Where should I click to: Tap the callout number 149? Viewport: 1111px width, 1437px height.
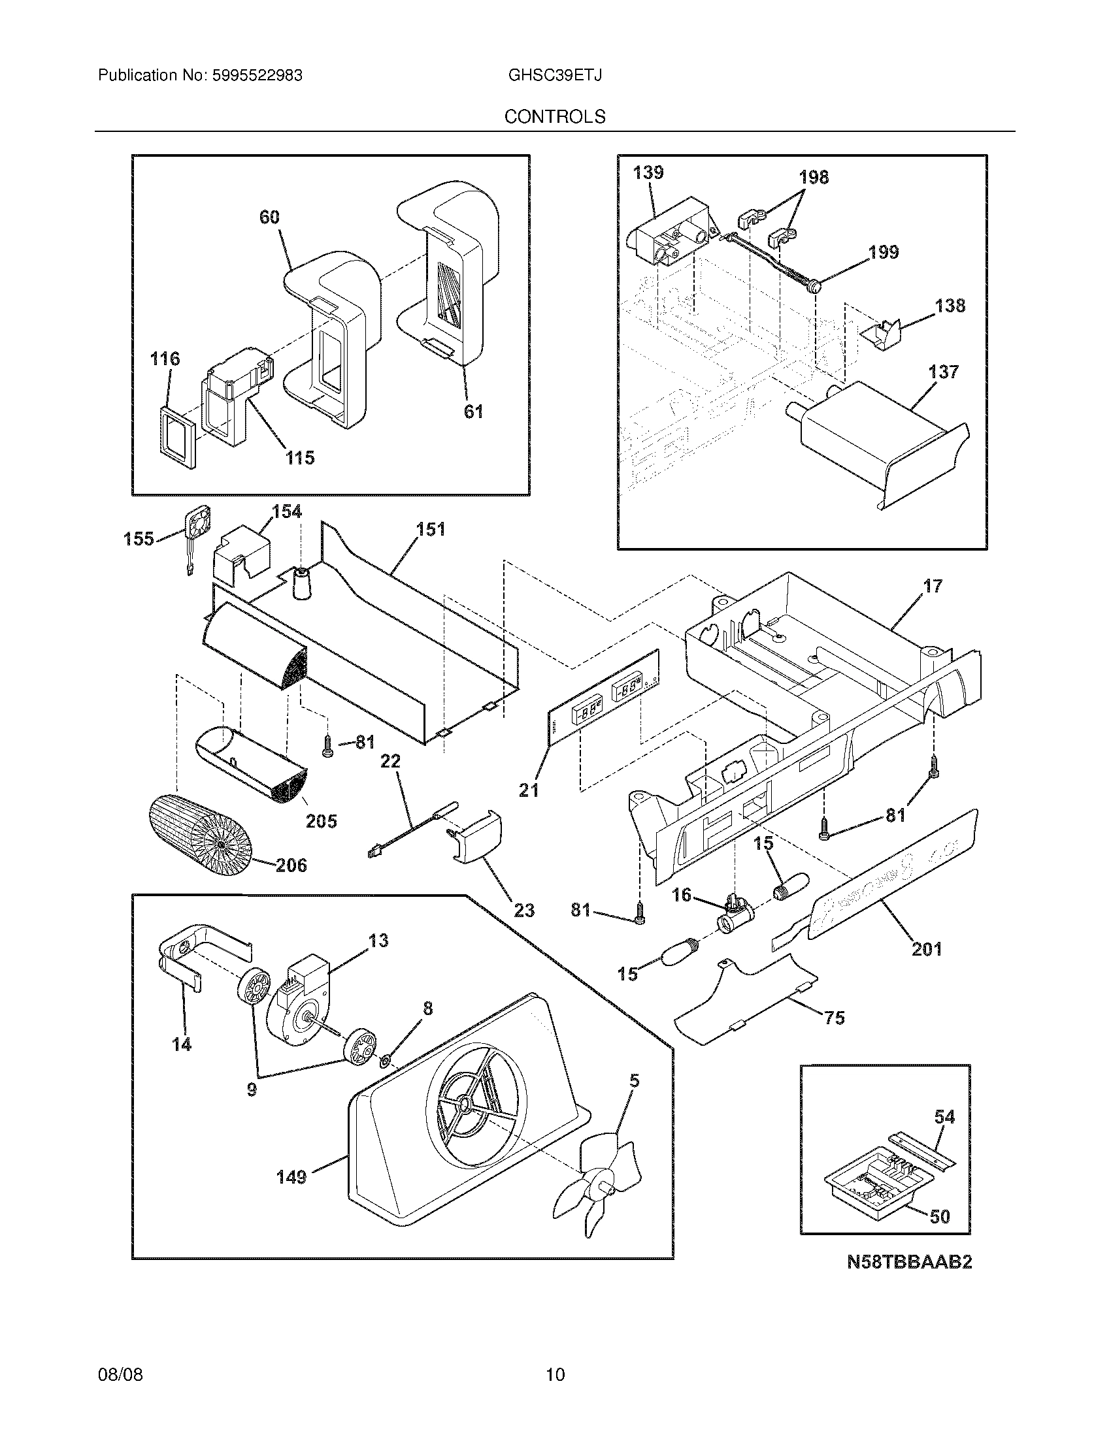pyautogui.click(x=291, y=1177)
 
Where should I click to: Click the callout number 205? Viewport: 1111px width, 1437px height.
pyautogui.click(x=321, y=820)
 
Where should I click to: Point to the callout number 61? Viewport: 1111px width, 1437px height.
pyautogui.click(x=473, y=412)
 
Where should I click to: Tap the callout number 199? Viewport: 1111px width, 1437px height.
pyautogui.click(x=883, y=252)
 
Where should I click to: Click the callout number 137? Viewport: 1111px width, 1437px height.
pyautogui.click(x=943, y=372)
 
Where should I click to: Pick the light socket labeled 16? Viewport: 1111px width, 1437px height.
pyautogui.click(x=733, y=914)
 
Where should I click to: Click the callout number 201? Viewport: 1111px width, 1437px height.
pyautogui.click(x=926, y=948)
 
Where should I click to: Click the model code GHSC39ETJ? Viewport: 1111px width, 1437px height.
pyautogui.click(x=555, y=75)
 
